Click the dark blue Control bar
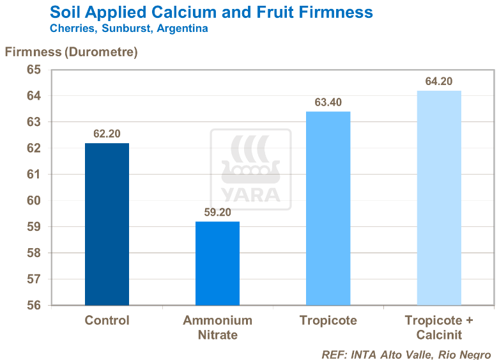pos(107,224)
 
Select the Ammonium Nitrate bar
pos(217,263)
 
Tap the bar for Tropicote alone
pos(328,208)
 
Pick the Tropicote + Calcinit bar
pos(439,198)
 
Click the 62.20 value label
pos(107,134)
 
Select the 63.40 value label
pos(328,103)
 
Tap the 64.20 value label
pos(439,82)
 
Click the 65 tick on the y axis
pos(33,70)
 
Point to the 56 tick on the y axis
pos(33,305)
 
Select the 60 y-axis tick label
pos(33,201)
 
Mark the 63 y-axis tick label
pos(33,122)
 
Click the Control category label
pos(107,320)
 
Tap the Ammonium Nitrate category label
pos(217,327)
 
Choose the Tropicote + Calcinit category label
pos(439,327)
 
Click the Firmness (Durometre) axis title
pos(72,52)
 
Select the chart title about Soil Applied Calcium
pos(211,12)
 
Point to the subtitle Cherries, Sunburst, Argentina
pos(128,29)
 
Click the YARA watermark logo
pos(250,169)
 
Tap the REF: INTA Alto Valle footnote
pos(406,354)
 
